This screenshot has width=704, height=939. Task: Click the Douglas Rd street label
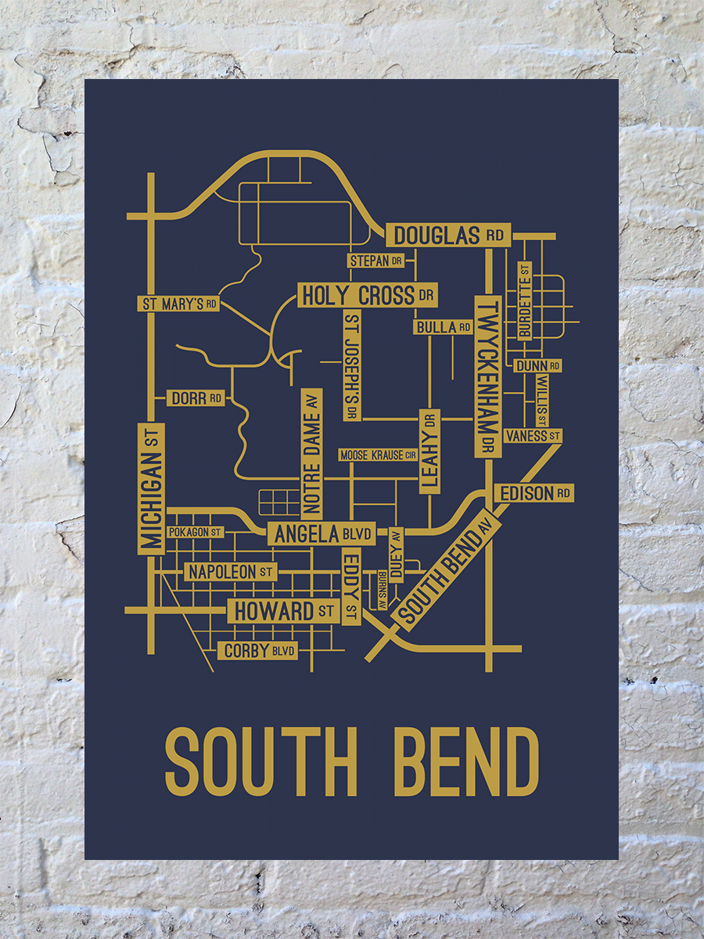coord(447,235)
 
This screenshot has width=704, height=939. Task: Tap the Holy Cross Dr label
coord(367,295)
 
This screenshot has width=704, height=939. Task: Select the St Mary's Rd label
coord(178,304)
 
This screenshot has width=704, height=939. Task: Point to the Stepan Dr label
coord(375,261)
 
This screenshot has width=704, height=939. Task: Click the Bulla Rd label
coord(444,327)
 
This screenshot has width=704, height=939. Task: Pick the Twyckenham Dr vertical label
coord(488,376)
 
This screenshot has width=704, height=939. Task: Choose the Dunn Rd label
coord(537,365)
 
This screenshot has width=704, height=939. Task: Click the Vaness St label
coord(533,435)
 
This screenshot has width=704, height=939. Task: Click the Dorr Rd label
coord(196,398)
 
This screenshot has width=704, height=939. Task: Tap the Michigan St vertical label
coord(151,489)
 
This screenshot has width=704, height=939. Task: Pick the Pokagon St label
coord(196,532)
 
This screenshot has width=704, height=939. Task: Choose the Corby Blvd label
coord(259,650)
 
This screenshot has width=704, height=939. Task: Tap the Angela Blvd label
coord(321,534)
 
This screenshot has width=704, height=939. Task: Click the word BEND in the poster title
coord(465,761)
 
